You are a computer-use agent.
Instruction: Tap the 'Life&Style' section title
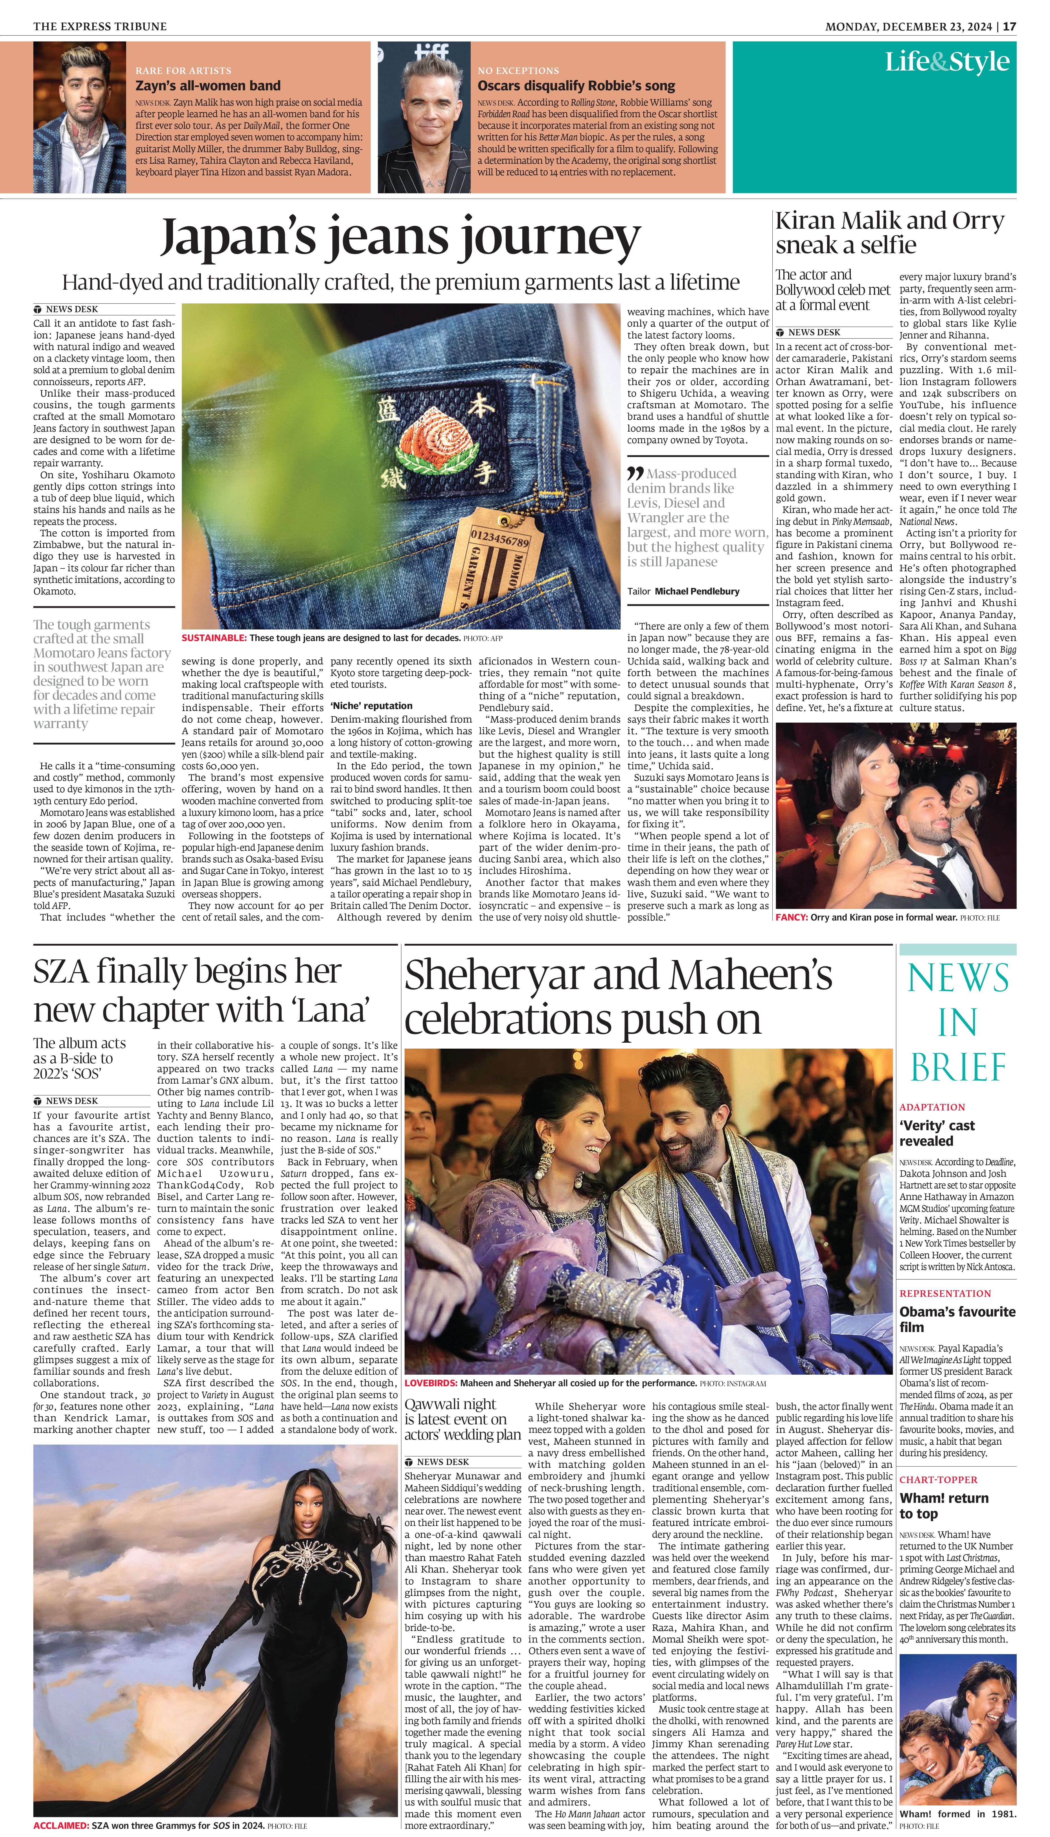click(x=947, y=62)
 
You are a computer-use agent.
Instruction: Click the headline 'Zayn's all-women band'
click(x=208, y=86)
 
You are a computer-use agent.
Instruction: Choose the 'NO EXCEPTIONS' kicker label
click(x=518, y=71)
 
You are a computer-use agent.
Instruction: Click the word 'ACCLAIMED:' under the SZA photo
click(x=61, y=1825)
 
